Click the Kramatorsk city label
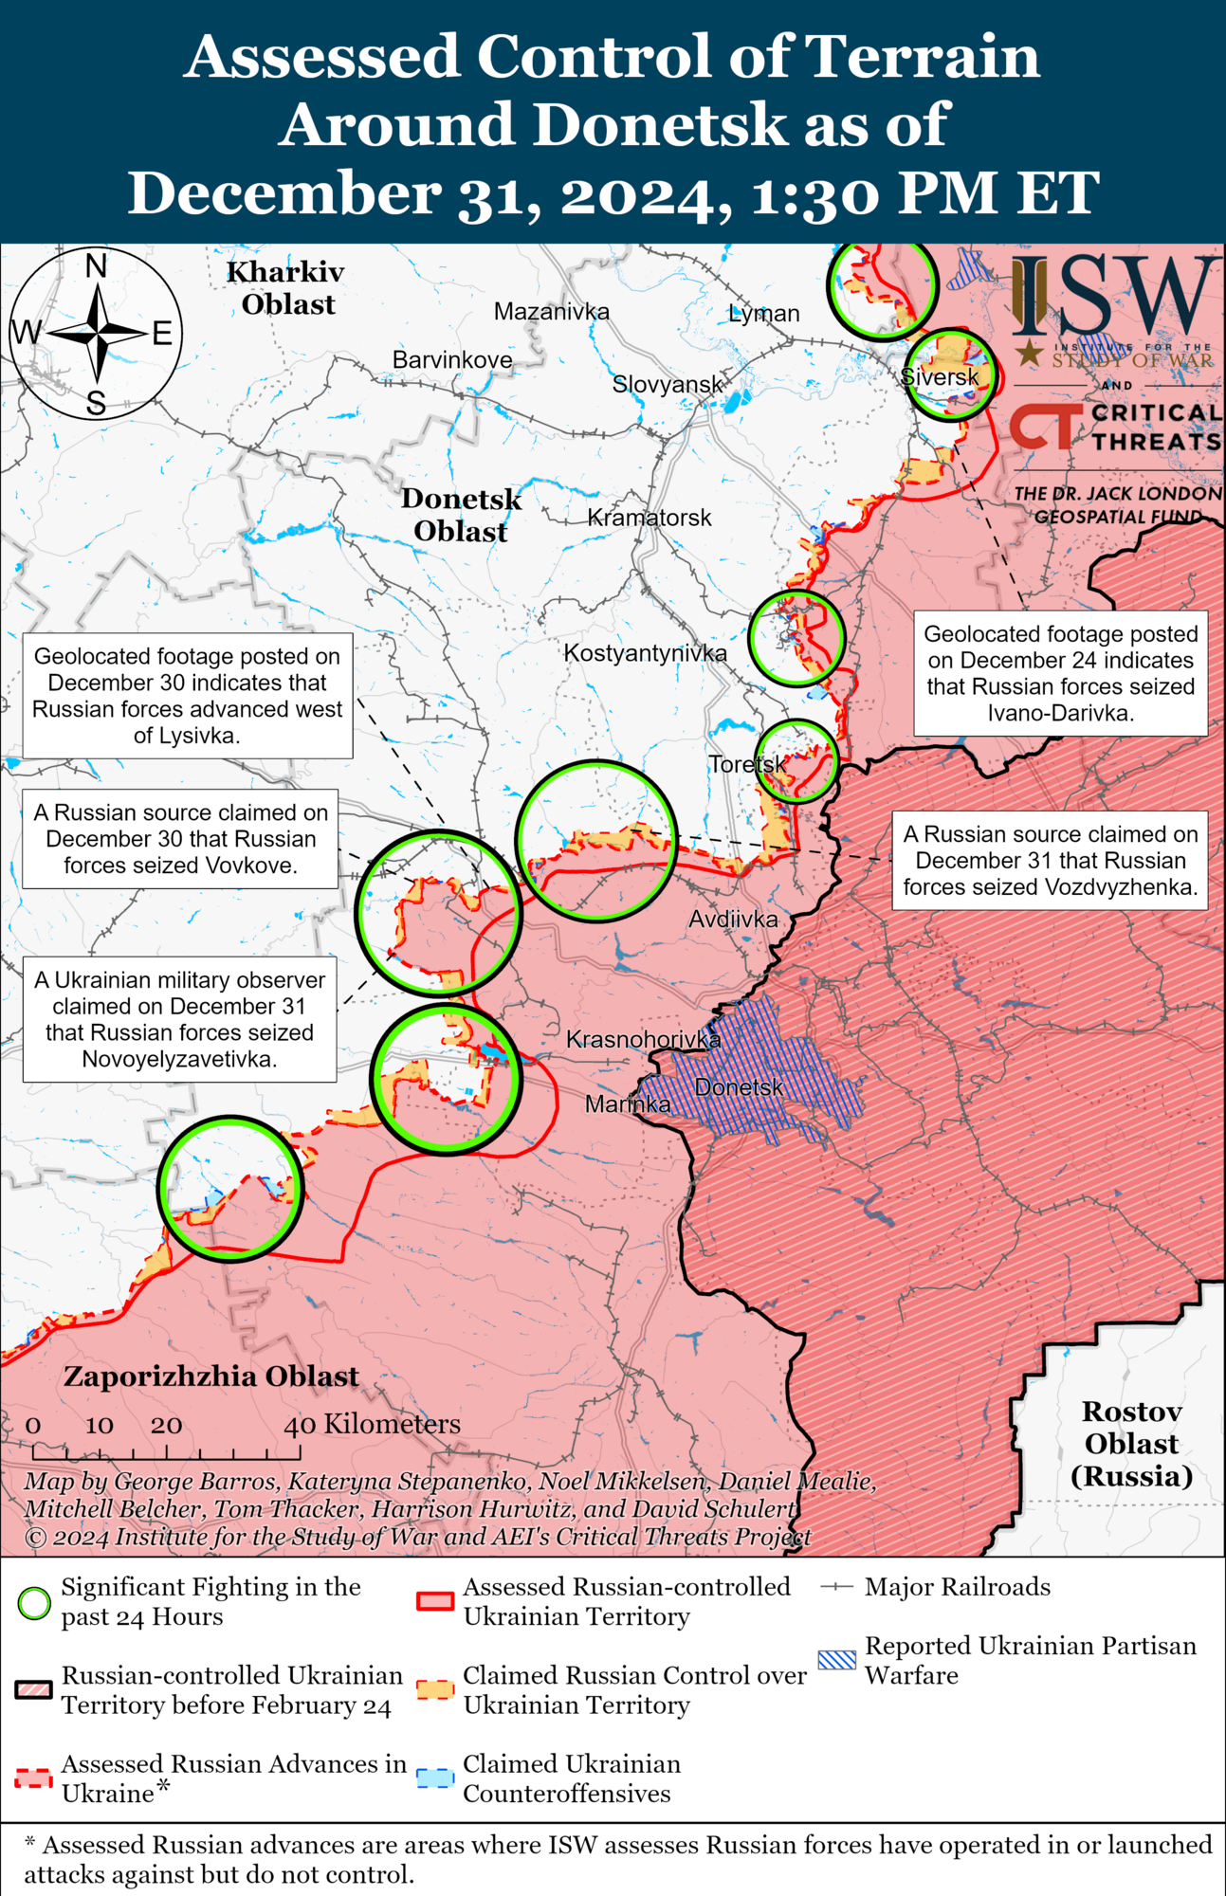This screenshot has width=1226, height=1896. coord(650,518)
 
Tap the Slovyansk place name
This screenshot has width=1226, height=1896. coord(668,384)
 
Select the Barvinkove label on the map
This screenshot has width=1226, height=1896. coord(452,360)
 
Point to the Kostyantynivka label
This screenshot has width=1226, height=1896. coord(645,653)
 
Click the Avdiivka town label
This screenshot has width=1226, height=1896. coord(733,919)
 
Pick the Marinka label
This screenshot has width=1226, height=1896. coord(627,1103)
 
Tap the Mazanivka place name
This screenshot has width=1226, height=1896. coord(551,311)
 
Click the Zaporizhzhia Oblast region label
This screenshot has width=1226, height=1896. coord(211,1376)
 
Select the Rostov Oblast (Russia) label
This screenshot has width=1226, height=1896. coord(1131,1444)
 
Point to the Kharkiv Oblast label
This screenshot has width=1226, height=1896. coord(285,288)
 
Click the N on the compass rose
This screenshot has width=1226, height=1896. coord(96,267)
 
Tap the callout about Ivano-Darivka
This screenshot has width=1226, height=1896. coord(1060,673)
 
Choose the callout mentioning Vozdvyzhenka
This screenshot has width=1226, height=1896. coord(1050,861)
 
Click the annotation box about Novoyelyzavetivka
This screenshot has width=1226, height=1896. coord(179,1019)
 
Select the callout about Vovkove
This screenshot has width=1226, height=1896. coord(180,839)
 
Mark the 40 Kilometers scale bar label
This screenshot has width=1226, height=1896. coord(373,1424)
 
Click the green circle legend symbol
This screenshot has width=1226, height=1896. coord(34,1603)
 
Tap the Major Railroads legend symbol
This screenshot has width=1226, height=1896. coord(836,1587)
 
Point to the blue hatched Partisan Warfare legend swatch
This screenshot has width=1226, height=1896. coord(836,1660)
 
